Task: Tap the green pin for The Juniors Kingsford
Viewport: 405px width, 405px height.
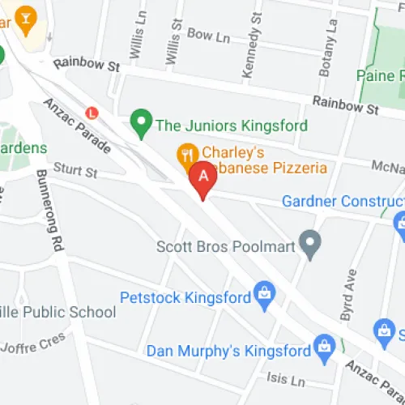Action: pos(142,124)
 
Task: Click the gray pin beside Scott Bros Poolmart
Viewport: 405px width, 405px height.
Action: pos(309,242)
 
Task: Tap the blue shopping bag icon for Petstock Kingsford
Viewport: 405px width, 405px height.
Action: pos(263,296)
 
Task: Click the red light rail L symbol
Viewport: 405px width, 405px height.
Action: pos(92,113)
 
